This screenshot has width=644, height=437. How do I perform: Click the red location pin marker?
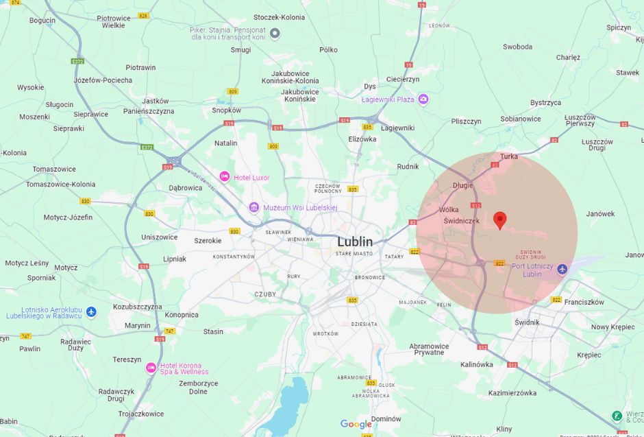pos(500,220)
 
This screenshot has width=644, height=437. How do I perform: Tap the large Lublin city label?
pos(355,241)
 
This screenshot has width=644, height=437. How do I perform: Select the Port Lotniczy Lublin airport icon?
pos(562,269)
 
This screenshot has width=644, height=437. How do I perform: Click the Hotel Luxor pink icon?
pos(224,177)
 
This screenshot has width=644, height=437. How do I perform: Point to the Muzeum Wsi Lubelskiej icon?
pos(253,207)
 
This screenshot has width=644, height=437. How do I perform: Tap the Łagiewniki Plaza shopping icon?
pos(423,99)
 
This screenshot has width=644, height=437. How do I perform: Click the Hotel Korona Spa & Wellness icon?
pos(151,368)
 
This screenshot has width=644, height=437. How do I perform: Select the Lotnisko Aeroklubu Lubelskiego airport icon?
pos(91,311)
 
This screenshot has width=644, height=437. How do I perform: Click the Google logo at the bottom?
pos(356,425)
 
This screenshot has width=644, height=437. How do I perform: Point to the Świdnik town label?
pos(527,322)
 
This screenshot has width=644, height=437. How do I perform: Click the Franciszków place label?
pos(584,302)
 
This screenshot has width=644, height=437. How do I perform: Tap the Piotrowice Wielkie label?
pos(113,21)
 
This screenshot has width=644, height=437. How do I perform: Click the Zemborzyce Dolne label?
pos(198,388)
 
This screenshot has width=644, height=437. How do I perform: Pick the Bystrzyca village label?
pos(545,103)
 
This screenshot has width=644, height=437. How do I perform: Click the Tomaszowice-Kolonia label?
pos(61,184)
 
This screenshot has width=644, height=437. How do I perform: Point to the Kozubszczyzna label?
pos(137,307)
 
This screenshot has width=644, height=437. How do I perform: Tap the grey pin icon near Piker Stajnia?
pos(275,33)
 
